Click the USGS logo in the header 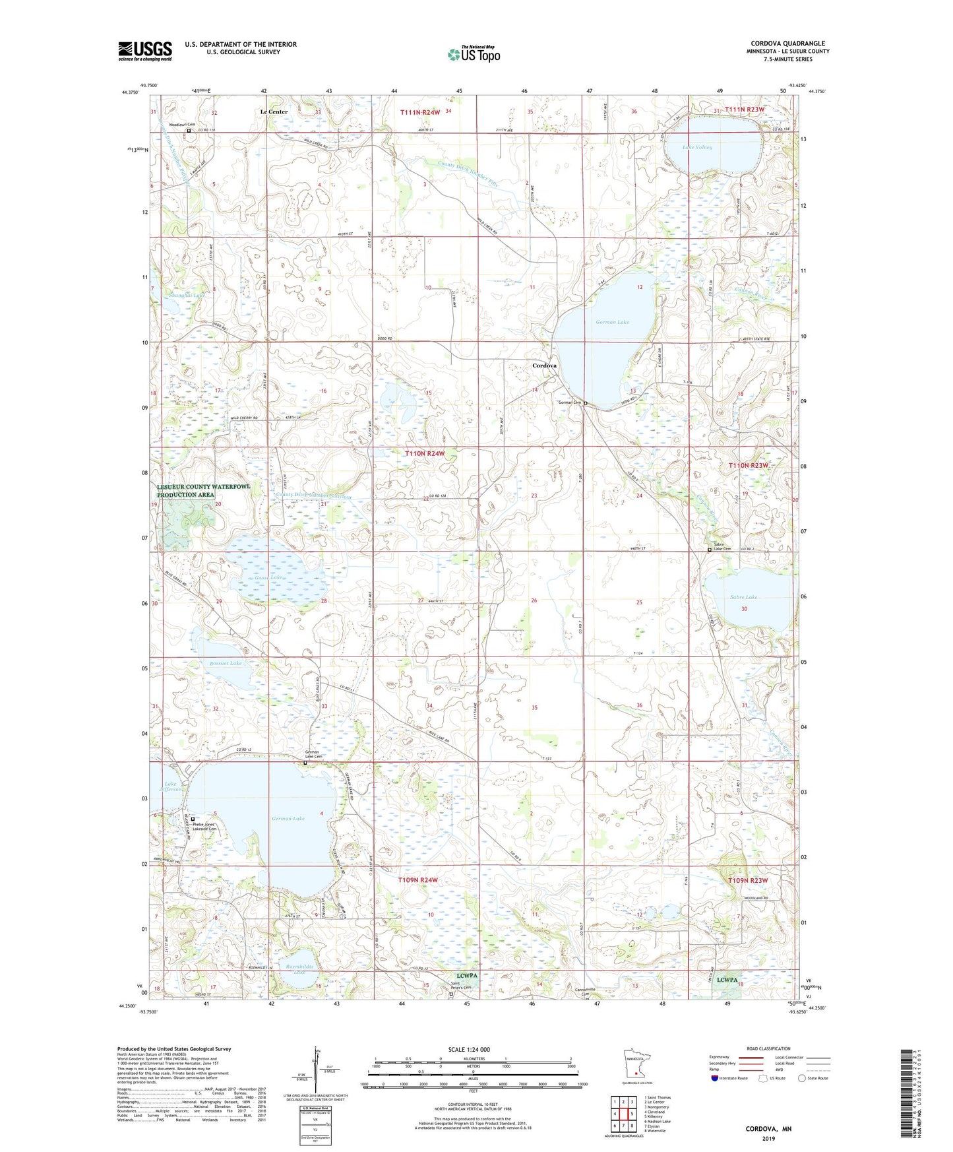point(145,50)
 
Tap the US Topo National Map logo point(473,54)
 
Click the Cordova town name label point(544,366)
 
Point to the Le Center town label point(274,112)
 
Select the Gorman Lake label point(612,322)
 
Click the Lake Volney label point(697,147)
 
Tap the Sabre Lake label point(743,597)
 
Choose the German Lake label point(288,819)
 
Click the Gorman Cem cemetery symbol point(585,403)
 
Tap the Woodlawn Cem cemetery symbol point(188,131)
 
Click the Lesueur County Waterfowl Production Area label point(204,490)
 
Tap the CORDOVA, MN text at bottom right point(768,1129)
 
